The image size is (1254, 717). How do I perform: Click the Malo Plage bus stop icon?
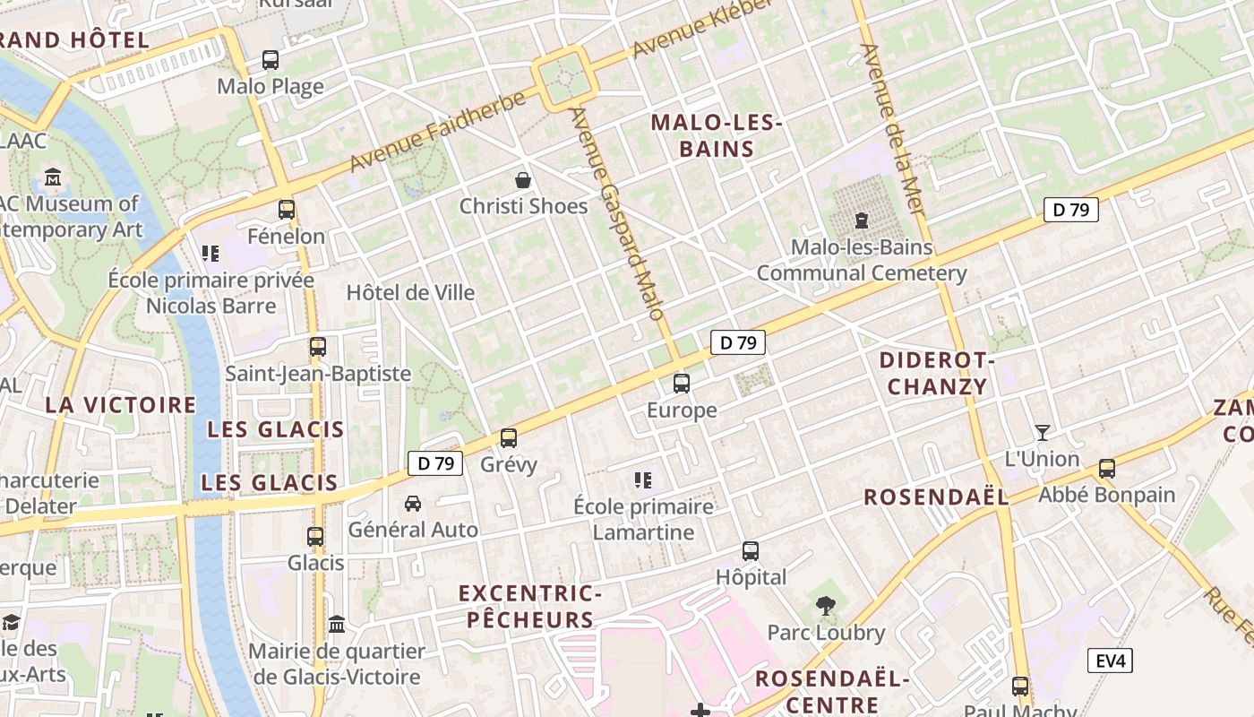click(x=271, y=60)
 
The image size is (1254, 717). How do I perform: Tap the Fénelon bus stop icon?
click(x=287, y=210)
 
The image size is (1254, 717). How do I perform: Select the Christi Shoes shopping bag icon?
click(x=523, y=180)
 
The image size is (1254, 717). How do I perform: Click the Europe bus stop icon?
click(x=682, y=384)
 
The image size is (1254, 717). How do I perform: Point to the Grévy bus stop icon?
click(x=509, y=438)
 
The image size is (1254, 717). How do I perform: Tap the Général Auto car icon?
click(x=413, y=504)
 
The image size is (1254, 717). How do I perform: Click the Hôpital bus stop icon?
click(x=751, y=551)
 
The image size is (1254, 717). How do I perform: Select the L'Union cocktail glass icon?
click(x=1043, y=433)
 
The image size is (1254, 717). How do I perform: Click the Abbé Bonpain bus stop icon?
click(x=1107, y=469)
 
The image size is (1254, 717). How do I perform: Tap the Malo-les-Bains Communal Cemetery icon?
click(x=862, y=220)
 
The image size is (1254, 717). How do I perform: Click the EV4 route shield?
click(x=1111, y=661)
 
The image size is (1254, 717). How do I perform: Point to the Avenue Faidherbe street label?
click(x=437, y=131)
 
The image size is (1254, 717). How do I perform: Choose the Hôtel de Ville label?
click(x=410, y=293)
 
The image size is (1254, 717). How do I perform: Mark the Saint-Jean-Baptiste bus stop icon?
click(x=318, y=347)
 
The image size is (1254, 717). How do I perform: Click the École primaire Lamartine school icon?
click(x=642, y=480)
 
